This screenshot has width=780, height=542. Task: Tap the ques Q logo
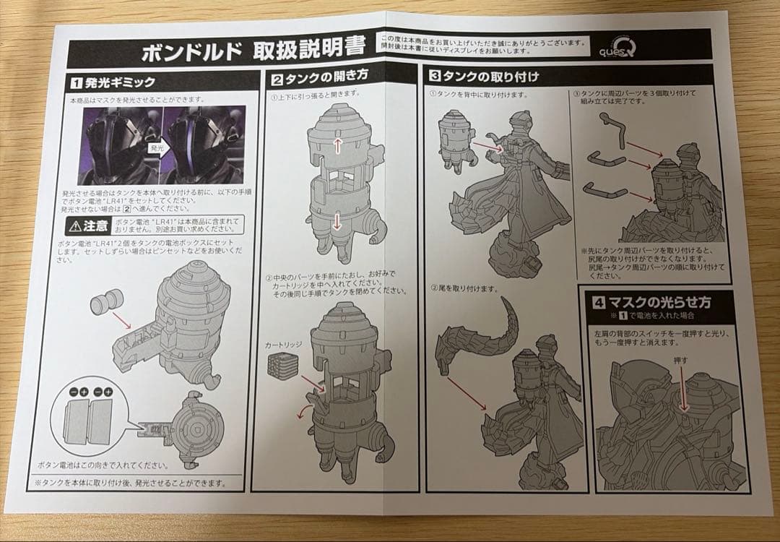613,48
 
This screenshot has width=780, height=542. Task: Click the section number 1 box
75,82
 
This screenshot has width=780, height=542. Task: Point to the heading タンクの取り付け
489,75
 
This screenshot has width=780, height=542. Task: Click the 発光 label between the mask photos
157,147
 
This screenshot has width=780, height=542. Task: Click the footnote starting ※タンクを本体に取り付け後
130,482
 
